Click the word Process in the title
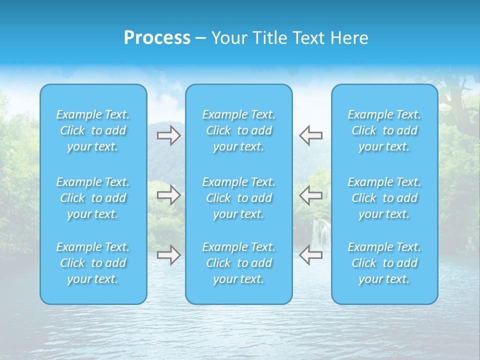coord(157,38)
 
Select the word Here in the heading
coord(349,38)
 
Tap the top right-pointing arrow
coord(168,135)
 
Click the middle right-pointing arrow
coord(168,195)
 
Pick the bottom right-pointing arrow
coord(168,254)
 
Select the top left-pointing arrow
coord(311,135)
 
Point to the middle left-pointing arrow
coord(311,195)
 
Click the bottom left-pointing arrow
coord(311,254)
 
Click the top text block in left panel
coord(93,130)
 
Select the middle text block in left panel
coord(93,198)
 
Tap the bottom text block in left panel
coord(93,263)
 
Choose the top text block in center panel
coord(238,130)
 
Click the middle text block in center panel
coord(238,198)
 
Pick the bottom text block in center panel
coord(238,263)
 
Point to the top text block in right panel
coord(384,130)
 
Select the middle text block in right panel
coord(384,198)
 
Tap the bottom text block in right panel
coord(384,263)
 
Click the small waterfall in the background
coord(321,232)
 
